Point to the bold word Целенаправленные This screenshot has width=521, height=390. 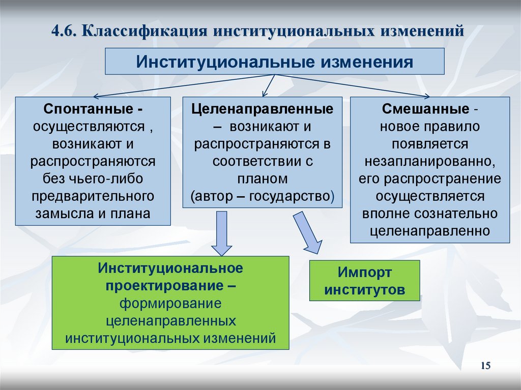(x=262, y=109)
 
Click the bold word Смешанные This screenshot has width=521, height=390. (x=425, y=109)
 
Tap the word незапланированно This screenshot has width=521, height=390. (x=430, y=162)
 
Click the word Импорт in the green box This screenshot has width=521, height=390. (x=365, y=273)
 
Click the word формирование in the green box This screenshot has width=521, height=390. (x=170, y=304)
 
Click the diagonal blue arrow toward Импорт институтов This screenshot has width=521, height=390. (x=308, y=231)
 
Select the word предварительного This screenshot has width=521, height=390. (x=93, y=196)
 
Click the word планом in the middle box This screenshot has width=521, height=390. (x=262, y=178)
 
